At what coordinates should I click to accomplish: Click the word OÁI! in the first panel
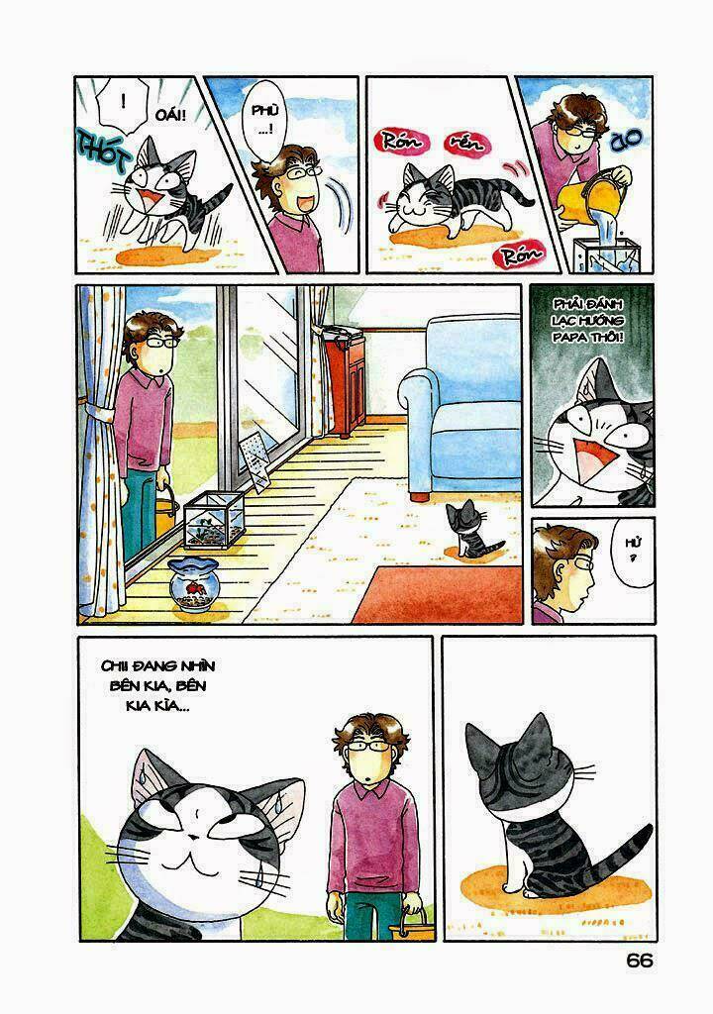(170, 116)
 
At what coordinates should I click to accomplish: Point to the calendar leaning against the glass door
(255, 461)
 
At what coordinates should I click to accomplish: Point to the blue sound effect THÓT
(99, 152)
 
